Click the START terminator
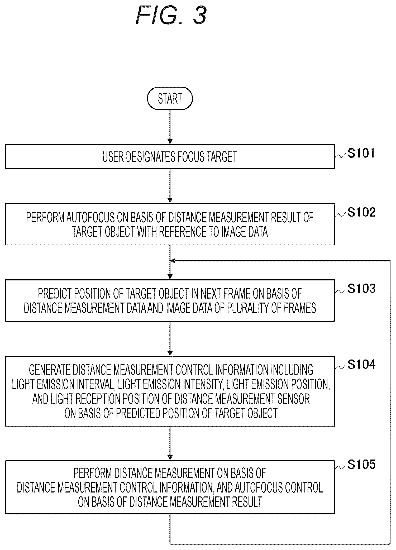pos(170,98)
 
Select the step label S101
pos(361,153)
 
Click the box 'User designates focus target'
pos(170,157)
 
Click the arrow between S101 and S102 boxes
pos(170,186)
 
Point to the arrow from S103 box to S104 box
pos(170,339)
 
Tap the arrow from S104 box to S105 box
pos(170,443)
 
